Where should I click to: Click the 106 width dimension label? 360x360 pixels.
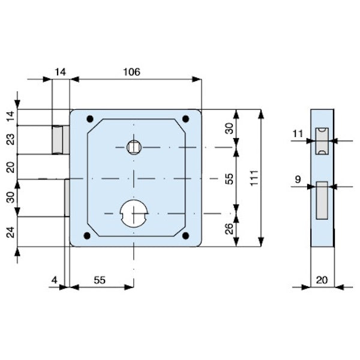coord(131,72)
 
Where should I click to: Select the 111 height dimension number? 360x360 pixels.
coord(254,177)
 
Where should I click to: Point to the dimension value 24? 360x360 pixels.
coord(8,231)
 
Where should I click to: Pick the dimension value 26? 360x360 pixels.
coord(229,229)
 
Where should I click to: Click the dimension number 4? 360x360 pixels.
coord(54,280)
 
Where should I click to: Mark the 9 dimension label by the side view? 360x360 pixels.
coord(298,178)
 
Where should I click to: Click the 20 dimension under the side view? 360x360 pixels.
coord(322,280)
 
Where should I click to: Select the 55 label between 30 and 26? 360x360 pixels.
coord(229,178)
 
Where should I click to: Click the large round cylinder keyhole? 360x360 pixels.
coord(135,212)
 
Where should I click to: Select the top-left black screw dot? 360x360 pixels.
coord(89,118)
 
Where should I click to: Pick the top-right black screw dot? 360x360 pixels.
coord(185,118)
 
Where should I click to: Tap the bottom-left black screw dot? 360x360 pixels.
coord(89,235)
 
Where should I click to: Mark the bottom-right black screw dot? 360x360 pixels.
coord(185,235)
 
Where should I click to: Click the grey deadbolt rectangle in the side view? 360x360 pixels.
coord(322,200)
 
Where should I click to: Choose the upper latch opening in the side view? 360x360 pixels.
coord(322,141)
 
